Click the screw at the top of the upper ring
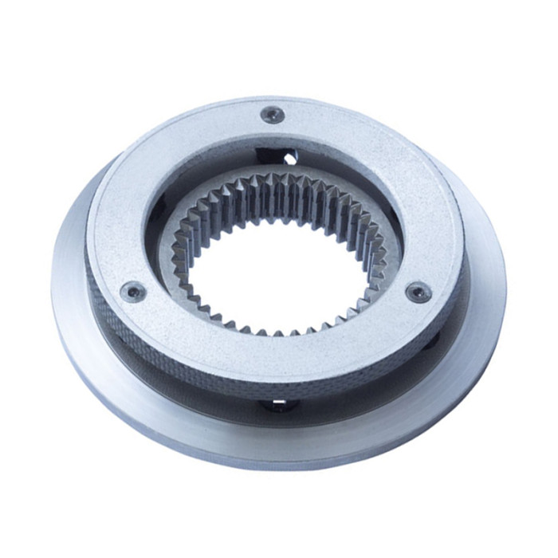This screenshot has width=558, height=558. point(272,114)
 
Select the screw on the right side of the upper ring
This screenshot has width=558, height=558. point(418,292)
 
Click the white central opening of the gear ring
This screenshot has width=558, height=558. point(274,270)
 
